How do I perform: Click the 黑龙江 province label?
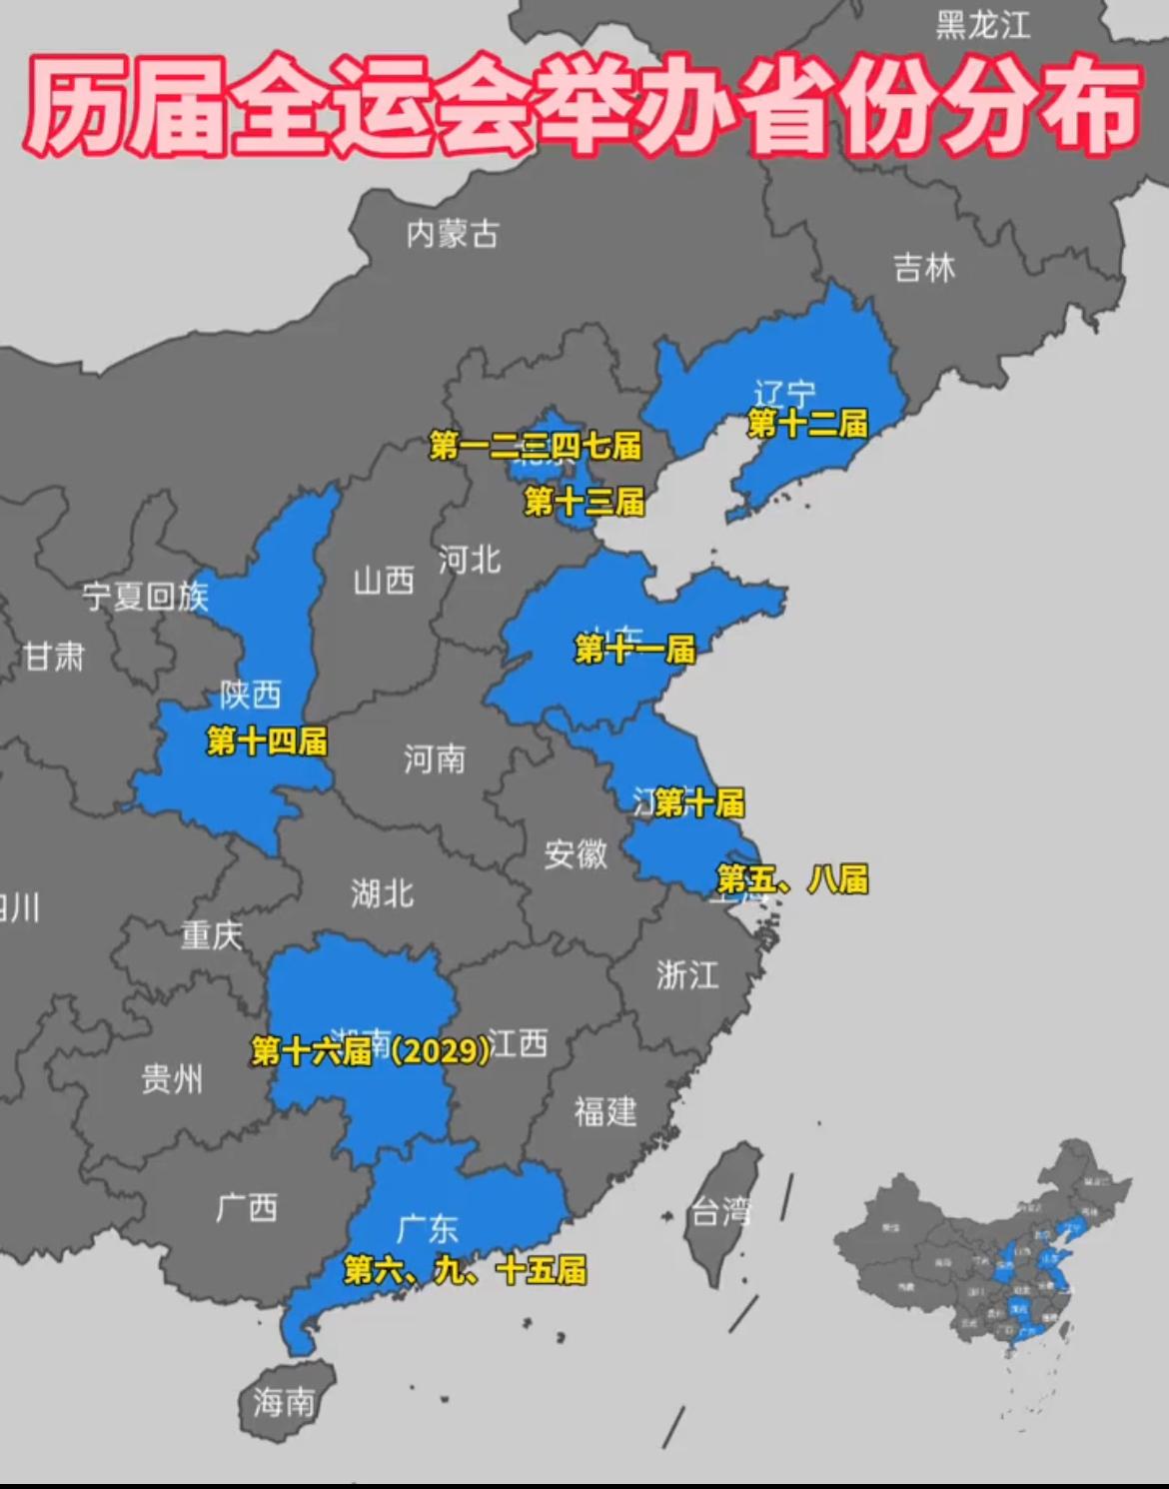[x=983, y=25]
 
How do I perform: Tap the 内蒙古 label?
[x=453, y=234]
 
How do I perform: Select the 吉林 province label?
[x=924, y=268]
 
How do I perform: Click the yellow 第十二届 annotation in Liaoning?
[x=808, y=424]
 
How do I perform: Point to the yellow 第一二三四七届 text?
[x=536, y=446]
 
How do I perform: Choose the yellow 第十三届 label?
[x=584, y=502]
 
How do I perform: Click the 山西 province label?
[x=384, y=580]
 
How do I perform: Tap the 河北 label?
[x=470, y=560]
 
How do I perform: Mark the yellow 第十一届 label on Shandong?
[x=635, y=650]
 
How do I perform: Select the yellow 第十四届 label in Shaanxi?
[x=267, y=742]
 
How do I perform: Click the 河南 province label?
[x=435, y=759]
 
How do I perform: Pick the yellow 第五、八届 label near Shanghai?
[x=792, y=879]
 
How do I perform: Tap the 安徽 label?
[x=576, y=853]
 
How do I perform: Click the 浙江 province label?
[x=687, y=974]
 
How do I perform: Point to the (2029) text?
[x=441, y=1049]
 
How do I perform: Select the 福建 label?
[x=605, y=1111]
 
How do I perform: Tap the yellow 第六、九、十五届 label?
[x=465, y=1270]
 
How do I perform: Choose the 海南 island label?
[x=284, y=1403]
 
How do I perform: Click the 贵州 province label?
[x=172, y=1079]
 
